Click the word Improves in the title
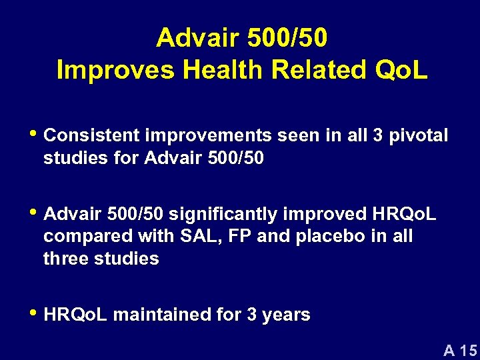(104, 69)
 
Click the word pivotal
(419, 136)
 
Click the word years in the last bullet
(287, 315)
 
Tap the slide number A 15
(460, 349)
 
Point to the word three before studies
(65, 259)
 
